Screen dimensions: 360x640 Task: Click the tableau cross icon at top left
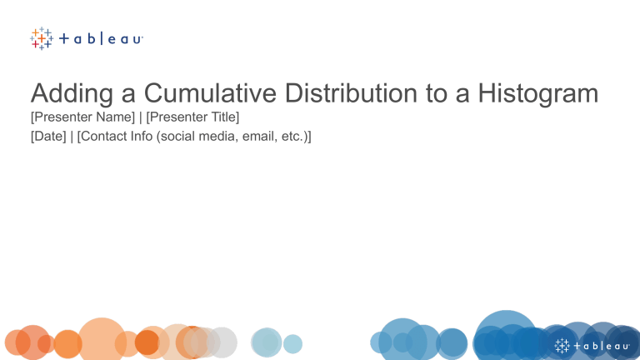[x=41, y=38]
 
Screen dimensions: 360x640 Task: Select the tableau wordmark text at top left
[x=102, y=38]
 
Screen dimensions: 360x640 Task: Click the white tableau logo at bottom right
[x=592, y=345]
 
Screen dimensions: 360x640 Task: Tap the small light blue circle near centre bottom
[x=292, y=343]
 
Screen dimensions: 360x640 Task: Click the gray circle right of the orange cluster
[x=222, y=342]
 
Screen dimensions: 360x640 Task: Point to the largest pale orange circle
[x=102, y=338]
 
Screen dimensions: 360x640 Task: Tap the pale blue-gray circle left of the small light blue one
[x=267, y=342]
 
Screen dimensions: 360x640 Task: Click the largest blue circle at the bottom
[x=505, y=337]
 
